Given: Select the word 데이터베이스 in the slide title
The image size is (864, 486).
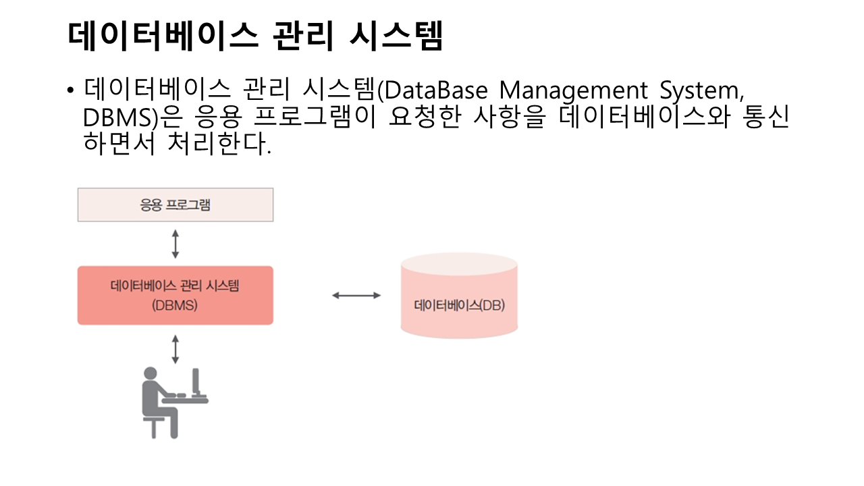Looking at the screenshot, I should click(x=163, y=35).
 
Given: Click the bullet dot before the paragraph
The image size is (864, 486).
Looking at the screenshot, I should click(x=70, y=91).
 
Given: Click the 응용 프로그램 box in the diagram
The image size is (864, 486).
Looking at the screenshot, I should click(x=175, y=205).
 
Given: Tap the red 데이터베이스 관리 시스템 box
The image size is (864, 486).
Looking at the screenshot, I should click(x=175, y=295).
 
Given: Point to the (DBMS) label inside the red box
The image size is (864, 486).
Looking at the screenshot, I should click(x=175, y=305).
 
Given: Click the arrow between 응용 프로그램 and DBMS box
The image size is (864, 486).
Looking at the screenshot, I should click(x=175, y=244).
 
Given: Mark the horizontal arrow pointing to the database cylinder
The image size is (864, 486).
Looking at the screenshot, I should click(x=356, y=296).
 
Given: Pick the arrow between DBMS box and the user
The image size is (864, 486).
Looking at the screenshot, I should click(x=175, y=349).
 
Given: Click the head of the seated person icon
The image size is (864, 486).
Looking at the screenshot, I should click(x=151, y=374).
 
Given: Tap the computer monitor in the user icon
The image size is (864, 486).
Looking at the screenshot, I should click(x=196, y=383).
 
